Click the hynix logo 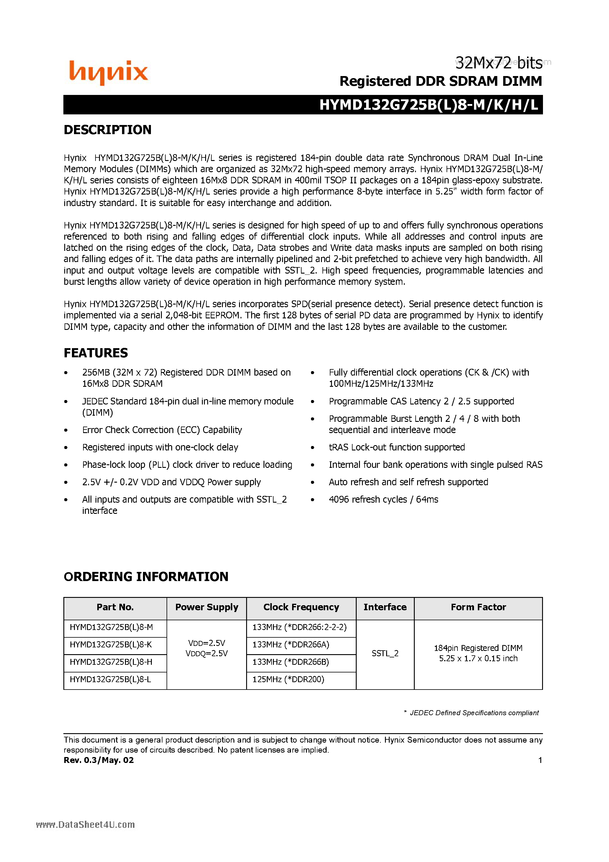tap(108, 73)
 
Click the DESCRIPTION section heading tap(107, 130)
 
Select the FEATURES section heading tap(96, 353)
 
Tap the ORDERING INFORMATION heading tap(146, 577)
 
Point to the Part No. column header tap(115, 607)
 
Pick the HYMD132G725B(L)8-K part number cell tap(111, 645)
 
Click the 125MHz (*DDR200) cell tap(288, 679)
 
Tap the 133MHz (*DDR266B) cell tap(290, 662)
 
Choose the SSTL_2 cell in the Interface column tap(385, 653)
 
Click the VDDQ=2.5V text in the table tap(207, 654)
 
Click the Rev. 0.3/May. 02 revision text tap(99, 760)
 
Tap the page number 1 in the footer tap(540, 760)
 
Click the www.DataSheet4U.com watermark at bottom tap(85, 825)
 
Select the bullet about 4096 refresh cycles tap(383, 499)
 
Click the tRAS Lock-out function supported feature tap(396, 447)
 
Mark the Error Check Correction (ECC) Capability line tap(162, 430)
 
